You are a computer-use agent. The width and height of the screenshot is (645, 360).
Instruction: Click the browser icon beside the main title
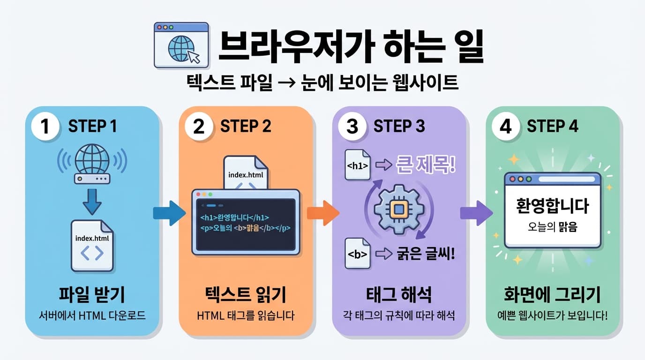click(x=181, y=45)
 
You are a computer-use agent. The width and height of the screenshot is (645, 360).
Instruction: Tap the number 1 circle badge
click(x=45, y=127)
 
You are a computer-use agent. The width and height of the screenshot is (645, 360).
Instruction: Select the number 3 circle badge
click(x=352, y=127)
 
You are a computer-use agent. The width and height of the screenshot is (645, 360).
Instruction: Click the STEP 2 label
click(x=246, y=126)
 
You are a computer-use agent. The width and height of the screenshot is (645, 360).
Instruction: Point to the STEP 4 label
click(x=552, y=126)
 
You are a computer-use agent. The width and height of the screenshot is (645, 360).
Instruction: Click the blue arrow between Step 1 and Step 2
click(x=169, y=214)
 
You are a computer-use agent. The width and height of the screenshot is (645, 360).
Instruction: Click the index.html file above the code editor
click(x=246, y=174)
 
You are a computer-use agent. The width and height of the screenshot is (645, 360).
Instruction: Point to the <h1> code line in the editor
click(x=234, y=218)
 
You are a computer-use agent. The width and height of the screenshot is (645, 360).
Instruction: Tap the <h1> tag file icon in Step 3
click(x=358, y=165)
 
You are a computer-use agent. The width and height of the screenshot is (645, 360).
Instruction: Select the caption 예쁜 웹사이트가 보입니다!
click(x=552, y=315)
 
